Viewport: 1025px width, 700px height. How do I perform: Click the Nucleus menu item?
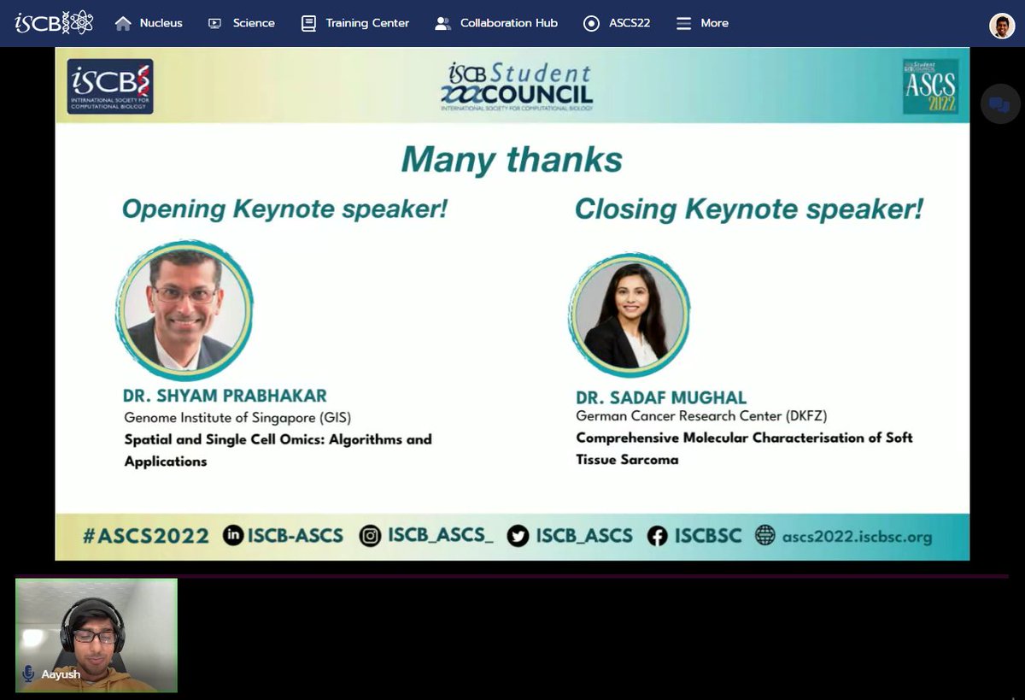point(149,23)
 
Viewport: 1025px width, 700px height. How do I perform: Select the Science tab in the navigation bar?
point(243,23)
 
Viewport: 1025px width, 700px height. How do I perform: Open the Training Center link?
point(355,23)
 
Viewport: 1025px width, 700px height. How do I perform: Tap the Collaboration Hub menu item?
point(496,23)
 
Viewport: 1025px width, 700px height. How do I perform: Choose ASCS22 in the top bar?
point(617,23)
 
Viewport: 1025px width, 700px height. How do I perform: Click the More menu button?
point(702,23)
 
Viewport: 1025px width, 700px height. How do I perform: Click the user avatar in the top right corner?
point(1002,26)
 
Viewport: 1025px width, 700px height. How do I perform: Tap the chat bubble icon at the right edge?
point(998,105)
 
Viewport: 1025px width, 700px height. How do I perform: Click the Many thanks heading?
point(512,160)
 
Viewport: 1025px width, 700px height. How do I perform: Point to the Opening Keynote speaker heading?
point(284,209)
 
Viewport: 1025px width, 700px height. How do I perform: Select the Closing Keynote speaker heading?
point(748,209)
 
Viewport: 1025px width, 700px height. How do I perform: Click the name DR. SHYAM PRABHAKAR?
point(225,396)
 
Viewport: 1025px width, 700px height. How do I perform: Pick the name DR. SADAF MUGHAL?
point(661,397)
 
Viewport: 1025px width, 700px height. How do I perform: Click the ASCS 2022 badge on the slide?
point(930,86)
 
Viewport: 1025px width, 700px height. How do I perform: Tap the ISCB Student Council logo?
point(517,86)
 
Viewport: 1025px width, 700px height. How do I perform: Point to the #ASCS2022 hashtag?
point(145,536)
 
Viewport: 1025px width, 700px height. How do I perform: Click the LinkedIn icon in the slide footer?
point(233,536)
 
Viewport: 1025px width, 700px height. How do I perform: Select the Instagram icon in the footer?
point(370,536)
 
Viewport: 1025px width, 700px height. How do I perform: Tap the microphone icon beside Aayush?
point(28,674)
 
